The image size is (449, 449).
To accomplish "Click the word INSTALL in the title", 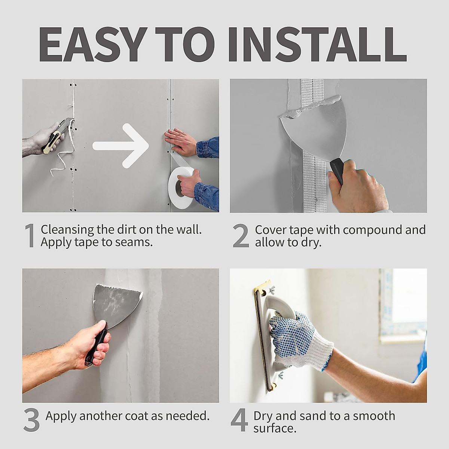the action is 317,45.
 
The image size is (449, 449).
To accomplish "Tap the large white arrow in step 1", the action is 121,146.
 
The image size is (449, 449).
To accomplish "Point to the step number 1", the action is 30,235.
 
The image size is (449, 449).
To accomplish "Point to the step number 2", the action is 241,236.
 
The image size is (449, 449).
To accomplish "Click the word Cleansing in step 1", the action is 67,230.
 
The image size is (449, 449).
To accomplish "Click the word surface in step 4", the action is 275,429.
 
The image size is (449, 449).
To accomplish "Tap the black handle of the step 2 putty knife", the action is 337,171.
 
